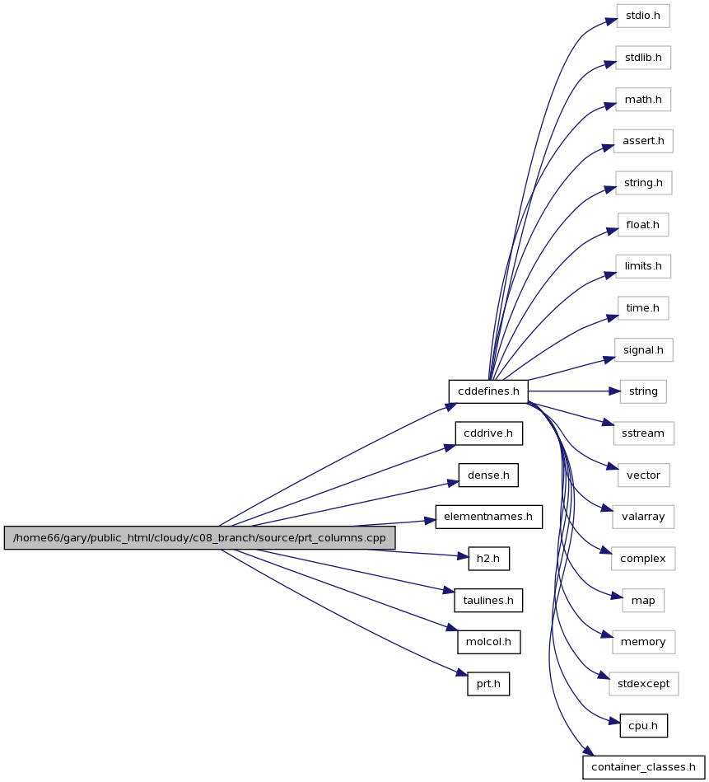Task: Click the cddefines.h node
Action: point(488,391)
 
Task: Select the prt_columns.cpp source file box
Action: point(200,537)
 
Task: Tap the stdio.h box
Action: point(643,16)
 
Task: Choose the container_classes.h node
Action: point(643,767)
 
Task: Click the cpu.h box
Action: point(643,726)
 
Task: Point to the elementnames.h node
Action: point(488,517)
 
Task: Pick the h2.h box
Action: point(488,559)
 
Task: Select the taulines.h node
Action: point(488,601)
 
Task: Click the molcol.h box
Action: point(488,642)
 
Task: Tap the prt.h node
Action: point(488,684)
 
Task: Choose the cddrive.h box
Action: point(488,433)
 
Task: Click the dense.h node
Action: point(488,475)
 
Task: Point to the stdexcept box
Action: point(643,684)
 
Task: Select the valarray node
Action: point(643,517)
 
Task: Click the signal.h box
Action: point(643,350)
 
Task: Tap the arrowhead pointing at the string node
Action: point(615,391)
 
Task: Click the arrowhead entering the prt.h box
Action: point(462,673)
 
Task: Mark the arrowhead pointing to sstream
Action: point(608,423)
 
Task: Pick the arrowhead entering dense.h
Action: point(453,482)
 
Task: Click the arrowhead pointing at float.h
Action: point(612,231)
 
